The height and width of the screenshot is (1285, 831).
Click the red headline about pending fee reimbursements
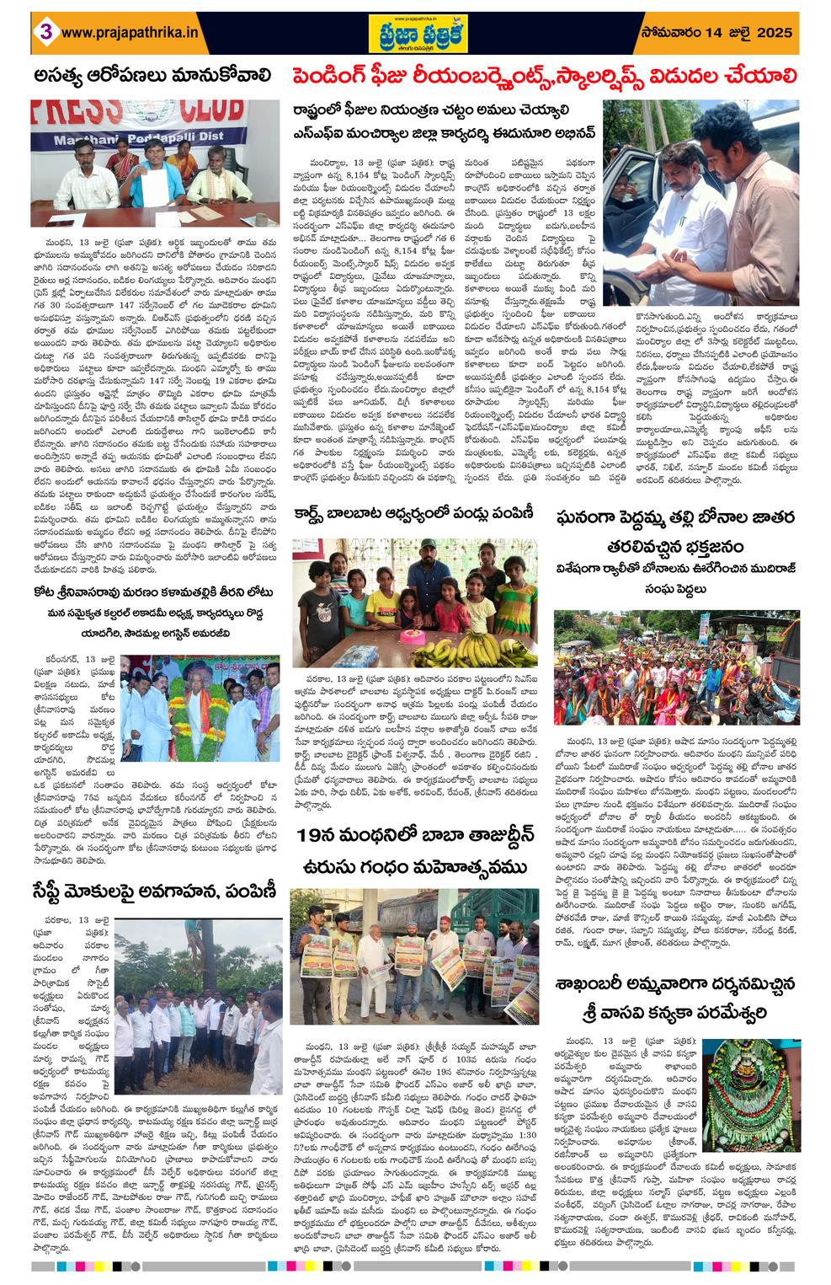click(544, 78)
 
